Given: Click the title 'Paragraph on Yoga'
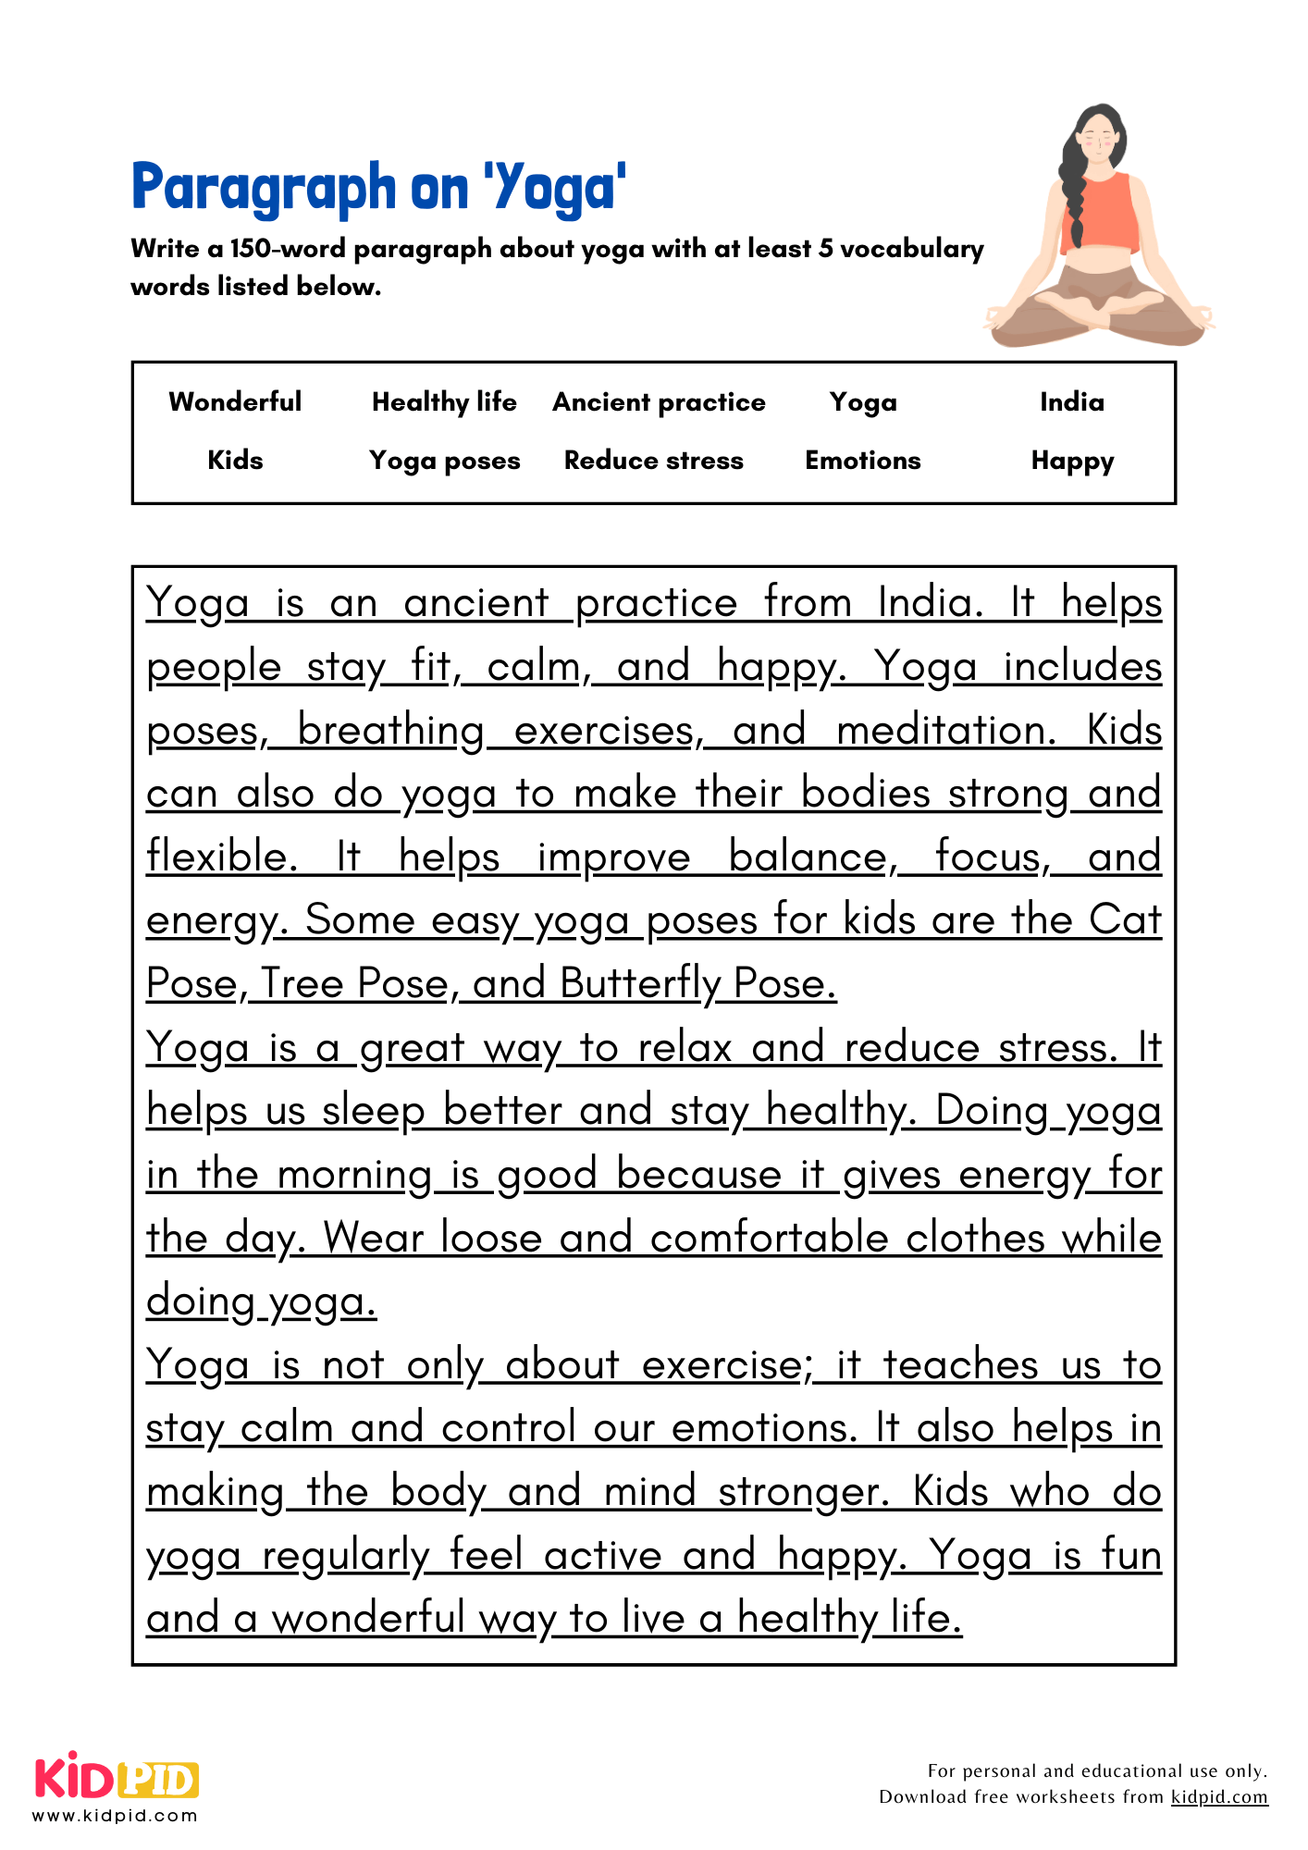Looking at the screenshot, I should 379,188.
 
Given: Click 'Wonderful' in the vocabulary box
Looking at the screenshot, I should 235,401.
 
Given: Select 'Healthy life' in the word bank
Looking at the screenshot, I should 444,401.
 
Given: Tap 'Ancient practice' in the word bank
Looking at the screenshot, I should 659,401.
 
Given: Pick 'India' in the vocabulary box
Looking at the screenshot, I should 1071,401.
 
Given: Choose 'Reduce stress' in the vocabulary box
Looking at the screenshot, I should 653,460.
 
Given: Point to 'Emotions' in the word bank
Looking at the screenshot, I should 862,460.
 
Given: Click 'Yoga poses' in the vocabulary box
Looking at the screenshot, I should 444,460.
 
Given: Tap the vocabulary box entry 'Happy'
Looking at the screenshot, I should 1072,460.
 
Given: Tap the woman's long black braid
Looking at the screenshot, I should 1073,194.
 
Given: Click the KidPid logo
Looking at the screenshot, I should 117,1778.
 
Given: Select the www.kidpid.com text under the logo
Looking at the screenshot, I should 115,1816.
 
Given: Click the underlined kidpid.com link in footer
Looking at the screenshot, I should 1219,1796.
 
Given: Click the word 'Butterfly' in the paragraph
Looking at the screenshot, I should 639,983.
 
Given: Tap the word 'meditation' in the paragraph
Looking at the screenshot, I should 944,730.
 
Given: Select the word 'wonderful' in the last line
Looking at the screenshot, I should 368,1618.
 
